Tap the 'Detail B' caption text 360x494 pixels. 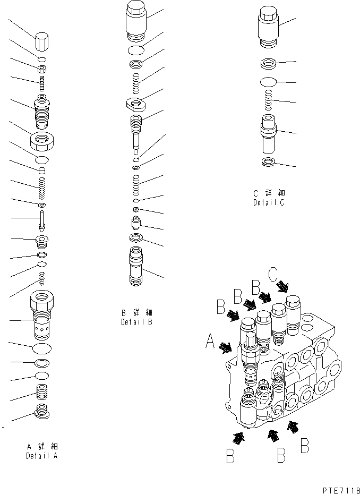click(136, 322)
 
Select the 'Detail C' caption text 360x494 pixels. click(269, 202)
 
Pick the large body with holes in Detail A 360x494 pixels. click(42, 319)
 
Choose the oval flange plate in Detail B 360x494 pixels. click(136, 104)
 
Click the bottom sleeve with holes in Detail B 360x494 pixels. click(136, 268)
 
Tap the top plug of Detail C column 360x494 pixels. click(269, 25)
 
